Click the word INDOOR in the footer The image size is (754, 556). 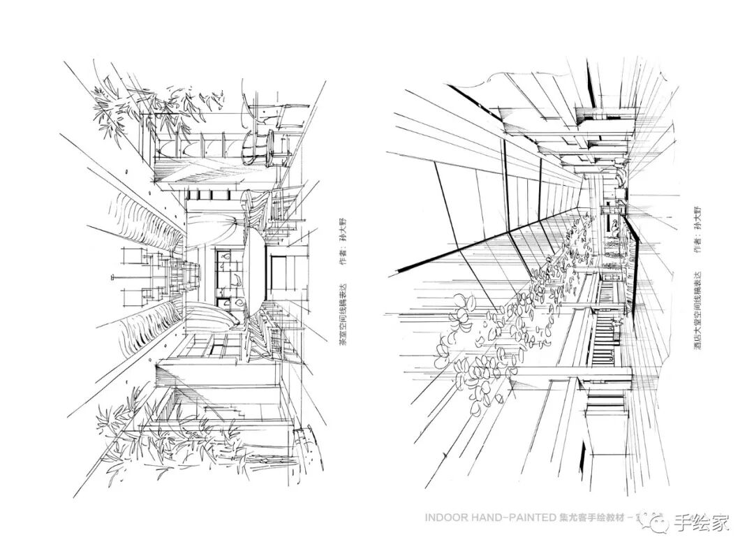(445, 519)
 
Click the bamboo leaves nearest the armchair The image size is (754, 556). (175, 105)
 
